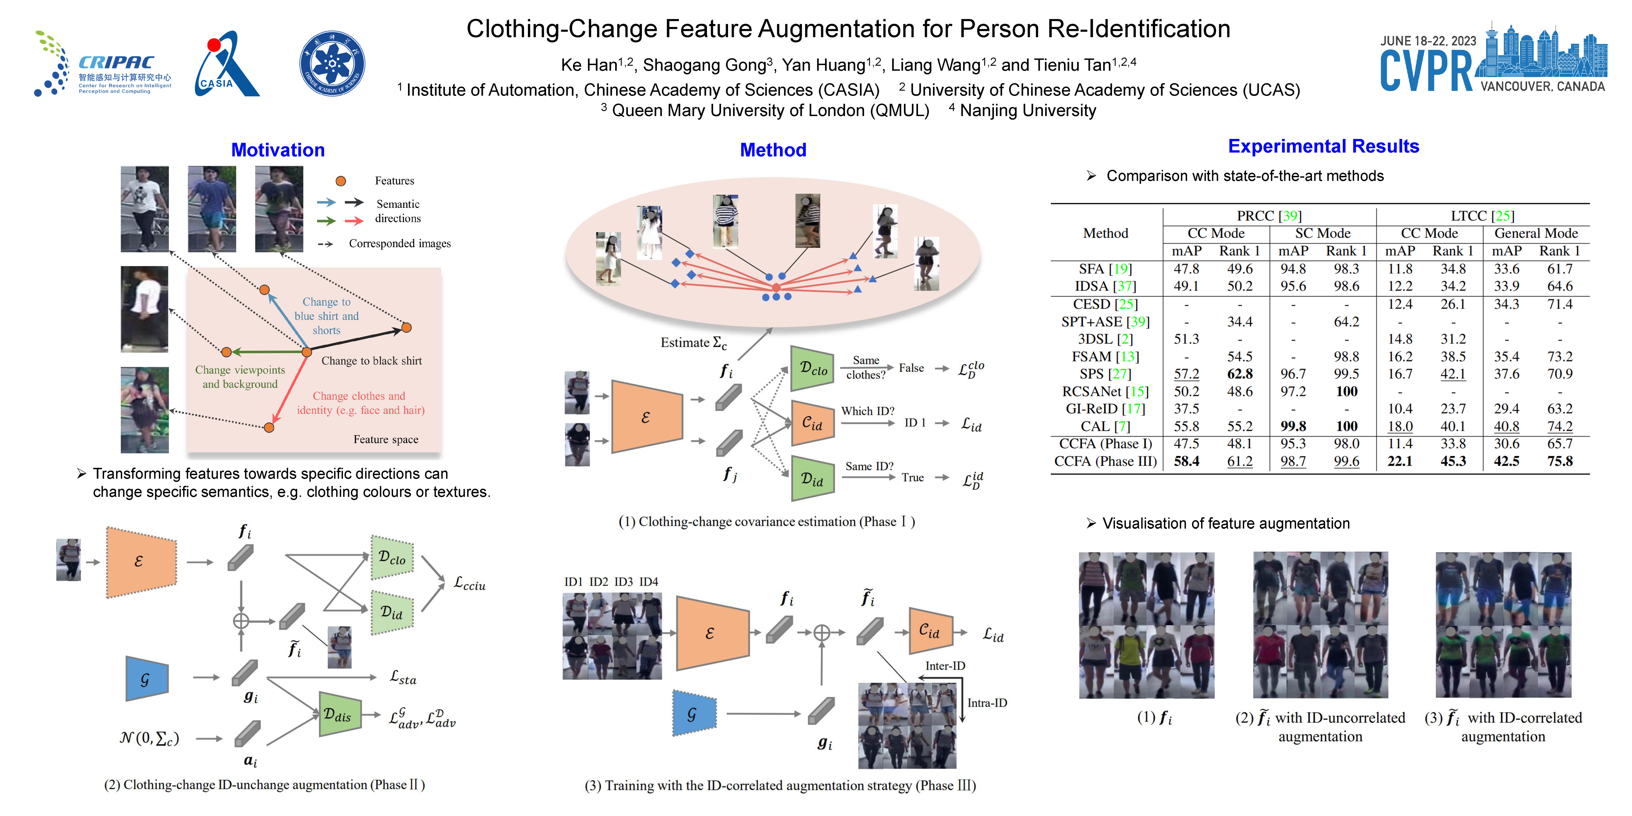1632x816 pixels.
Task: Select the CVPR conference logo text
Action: [x=1425, y=71]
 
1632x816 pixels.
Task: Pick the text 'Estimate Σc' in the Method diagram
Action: [x=693, y=343]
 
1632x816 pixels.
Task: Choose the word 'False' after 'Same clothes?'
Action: [x=911, y=368]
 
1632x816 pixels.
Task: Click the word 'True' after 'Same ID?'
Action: [x=912, y=478]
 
